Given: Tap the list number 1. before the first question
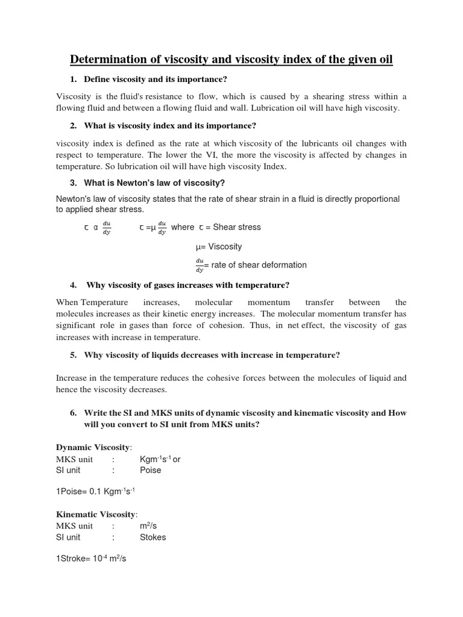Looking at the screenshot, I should [74, 80].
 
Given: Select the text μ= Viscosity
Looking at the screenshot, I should [219, 246].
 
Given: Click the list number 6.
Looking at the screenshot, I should [74, 413].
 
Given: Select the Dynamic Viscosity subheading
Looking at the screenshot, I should [93, 447].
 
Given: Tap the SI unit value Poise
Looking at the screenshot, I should [150, 470].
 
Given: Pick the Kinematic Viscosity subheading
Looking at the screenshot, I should [96, 514].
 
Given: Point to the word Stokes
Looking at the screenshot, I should [153, 537].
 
